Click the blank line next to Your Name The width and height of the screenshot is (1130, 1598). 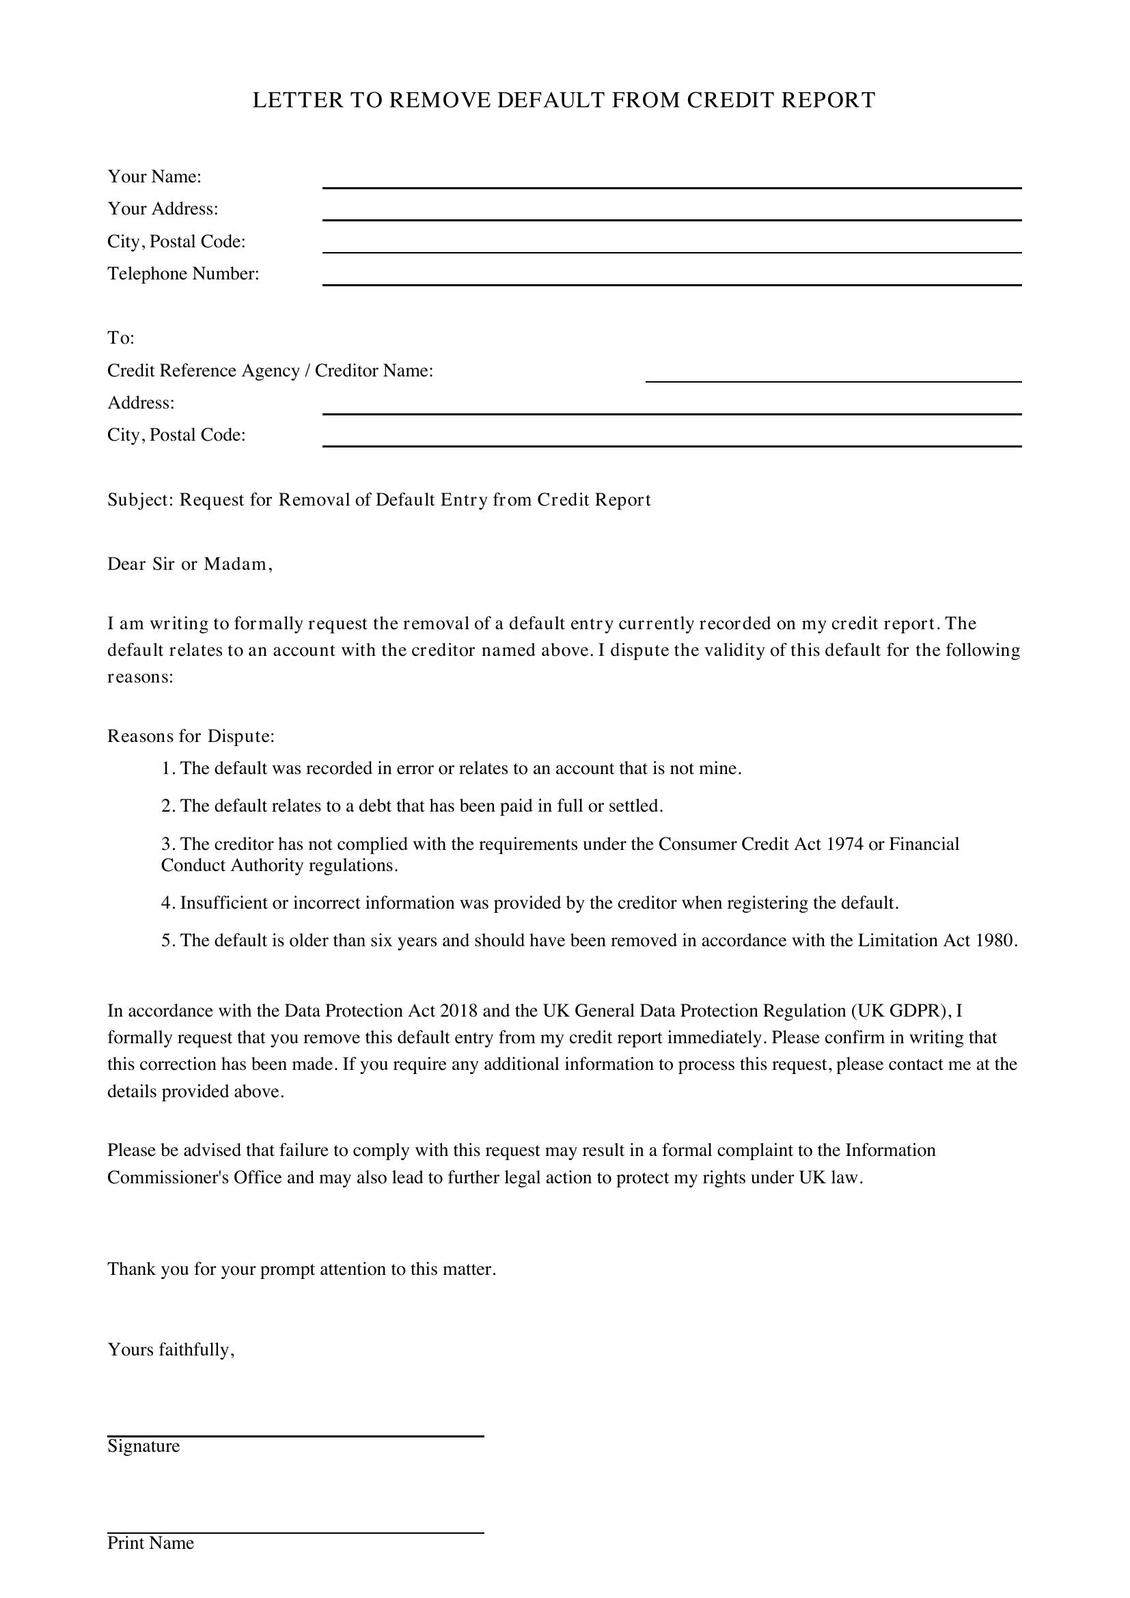(x=672, y=182)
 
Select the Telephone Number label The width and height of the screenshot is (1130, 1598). (x=183, y=273)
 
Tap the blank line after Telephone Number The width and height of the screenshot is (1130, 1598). (x=672, y=280)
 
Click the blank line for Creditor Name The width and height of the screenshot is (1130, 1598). (x=833, y=376)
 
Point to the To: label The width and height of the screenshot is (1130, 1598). (x=120, y=338)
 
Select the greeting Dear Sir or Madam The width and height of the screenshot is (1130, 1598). (x=189, y=564)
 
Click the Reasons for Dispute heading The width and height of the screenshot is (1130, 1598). (x=191, y=736)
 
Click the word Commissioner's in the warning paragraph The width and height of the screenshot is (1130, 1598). (x=167, y=1178)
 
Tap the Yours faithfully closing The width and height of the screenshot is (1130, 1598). (x=171, y=1349)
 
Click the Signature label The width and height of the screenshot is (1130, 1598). (x=143, y=1446)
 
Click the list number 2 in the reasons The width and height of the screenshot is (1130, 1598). (x=166, y=807)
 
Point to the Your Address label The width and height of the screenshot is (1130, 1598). (x=163, y=209)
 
